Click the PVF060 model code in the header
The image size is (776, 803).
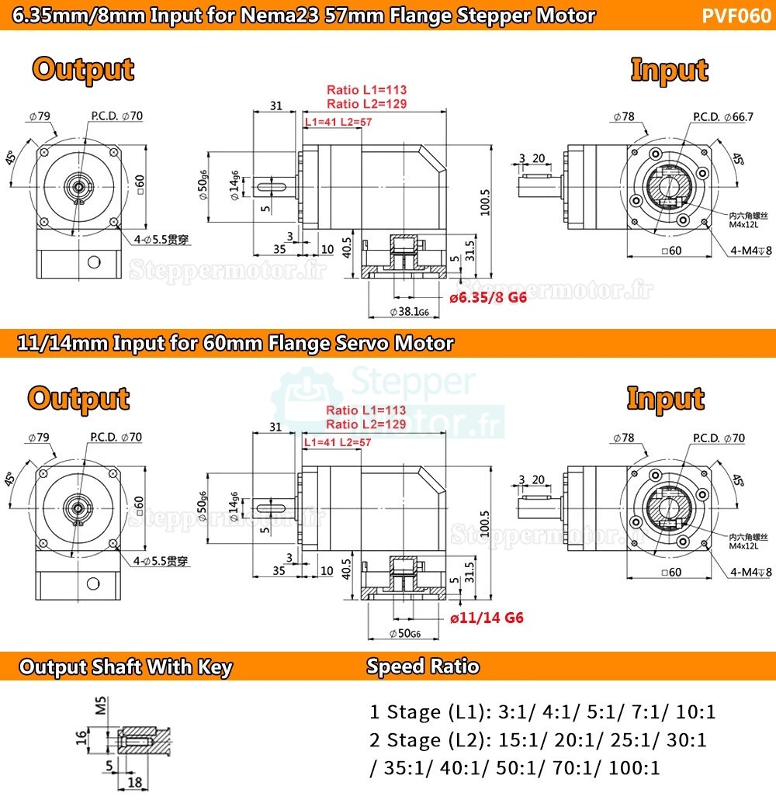click(x=736, y=16)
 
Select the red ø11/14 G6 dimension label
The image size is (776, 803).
click(x=487, y=618)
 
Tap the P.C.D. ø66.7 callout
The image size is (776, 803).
click(x=723, y=117)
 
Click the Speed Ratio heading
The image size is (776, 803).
click(x=423, y=666)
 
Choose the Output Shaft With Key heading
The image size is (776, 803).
click(x=125, y=667)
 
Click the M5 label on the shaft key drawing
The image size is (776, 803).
click(x=100, y=708)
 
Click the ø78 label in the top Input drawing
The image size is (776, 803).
click(x=623, y=117)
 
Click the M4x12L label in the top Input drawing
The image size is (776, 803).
click(x=748, y=225)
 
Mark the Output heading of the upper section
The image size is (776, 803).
click(x=83, y=70)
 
